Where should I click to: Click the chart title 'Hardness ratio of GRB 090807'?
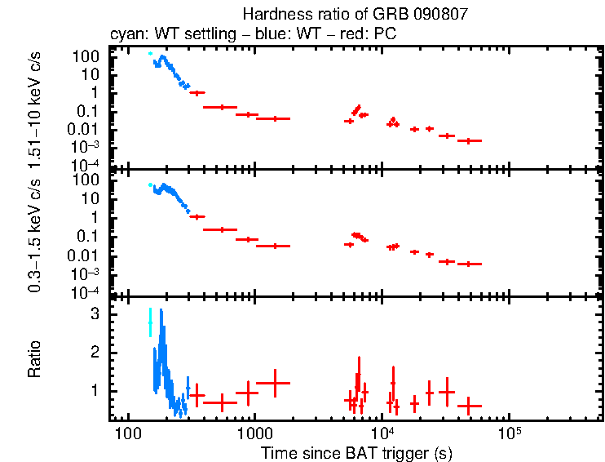(356, 15)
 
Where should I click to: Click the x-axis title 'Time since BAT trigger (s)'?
(356, 452)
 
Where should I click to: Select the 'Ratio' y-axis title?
(35, 359)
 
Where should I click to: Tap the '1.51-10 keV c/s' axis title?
(35, 108)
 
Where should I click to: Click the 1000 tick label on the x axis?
(254, 432)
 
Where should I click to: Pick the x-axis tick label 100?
(127, 432)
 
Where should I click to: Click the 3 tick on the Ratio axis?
(95, 313)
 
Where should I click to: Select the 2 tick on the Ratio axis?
(95, 352)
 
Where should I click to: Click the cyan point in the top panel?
(150, 54)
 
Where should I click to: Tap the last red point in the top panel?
(469, 141)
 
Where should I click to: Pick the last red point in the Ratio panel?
(469, 406)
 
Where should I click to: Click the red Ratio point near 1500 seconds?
(274, 383)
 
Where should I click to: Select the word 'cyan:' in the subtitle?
(127, 34)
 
